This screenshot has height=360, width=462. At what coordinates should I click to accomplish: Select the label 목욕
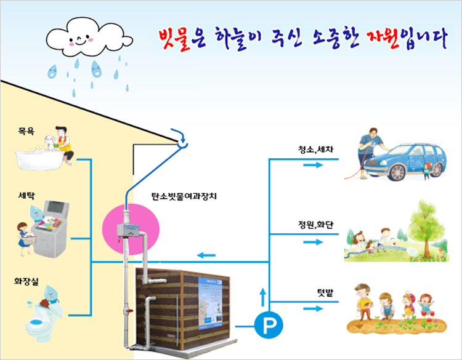click(26, 131)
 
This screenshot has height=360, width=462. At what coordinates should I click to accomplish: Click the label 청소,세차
click(316, 149)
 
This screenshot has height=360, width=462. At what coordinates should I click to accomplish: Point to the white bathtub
click(37, 159)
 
